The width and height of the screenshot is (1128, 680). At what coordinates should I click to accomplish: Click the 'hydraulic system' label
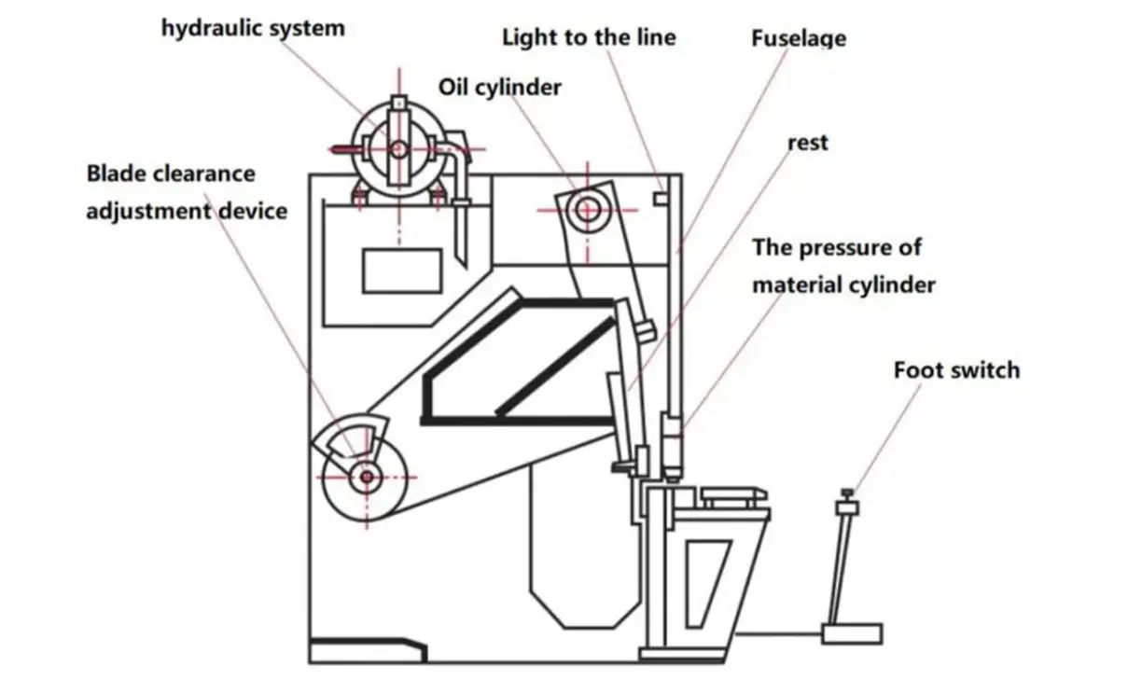253,28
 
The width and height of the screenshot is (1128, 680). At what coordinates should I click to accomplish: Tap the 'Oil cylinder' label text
500,87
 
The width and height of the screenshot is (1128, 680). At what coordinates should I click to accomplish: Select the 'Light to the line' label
589,37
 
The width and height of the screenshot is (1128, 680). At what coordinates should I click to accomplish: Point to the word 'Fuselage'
799,39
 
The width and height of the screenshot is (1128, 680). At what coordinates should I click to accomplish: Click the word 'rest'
808,143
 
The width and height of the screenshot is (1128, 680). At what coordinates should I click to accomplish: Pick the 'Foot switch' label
956,369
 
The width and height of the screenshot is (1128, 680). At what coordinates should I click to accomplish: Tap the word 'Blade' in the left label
117,173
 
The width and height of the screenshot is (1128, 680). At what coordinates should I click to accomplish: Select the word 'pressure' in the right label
840,247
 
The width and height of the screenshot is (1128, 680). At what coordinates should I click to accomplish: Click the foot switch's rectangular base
852,633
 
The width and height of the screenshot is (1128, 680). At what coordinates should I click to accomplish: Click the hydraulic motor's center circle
399,148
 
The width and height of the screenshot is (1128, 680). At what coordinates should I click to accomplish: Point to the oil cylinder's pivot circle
588,210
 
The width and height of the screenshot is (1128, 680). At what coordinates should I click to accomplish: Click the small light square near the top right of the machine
661,198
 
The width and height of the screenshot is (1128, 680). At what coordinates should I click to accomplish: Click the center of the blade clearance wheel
366,478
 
